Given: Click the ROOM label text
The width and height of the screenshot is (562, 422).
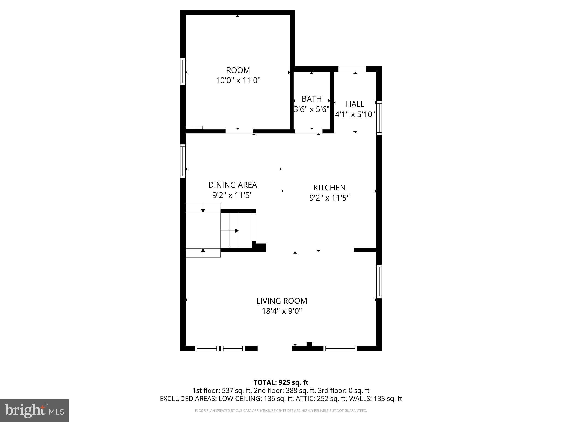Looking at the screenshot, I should click(238, 70).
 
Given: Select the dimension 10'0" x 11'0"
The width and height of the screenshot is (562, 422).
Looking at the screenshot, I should click(238, 81).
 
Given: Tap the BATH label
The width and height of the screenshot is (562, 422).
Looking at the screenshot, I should click(311, 99).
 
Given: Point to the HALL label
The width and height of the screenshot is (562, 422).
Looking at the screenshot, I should click(355, 104).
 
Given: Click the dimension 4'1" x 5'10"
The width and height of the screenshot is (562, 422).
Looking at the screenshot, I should click(355, 115).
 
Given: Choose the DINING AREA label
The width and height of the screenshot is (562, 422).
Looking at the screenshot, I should click(232, 185).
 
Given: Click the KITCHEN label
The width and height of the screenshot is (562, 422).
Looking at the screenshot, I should click(329, 188).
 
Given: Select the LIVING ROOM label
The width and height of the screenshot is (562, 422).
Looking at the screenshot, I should click(282, 301).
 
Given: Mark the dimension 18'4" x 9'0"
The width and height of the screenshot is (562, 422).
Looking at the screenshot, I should click(282, 311).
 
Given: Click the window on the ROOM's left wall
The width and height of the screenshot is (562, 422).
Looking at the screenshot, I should click(182, 71).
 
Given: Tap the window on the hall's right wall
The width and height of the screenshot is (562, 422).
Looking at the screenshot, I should click(379, 118).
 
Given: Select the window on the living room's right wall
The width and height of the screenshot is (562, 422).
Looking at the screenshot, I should click(379, 281).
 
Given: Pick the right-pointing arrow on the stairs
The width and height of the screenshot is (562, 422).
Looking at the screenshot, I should click(237, 231).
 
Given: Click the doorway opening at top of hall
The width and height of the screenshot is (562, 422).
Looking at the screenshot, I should click(352, 69).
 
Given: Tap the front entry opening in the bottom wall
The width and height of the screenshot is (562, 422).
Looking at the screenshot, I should click(275, 348).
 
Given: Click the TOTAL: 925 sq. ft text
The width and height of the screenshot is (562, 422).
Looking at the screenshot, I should click(281, 382).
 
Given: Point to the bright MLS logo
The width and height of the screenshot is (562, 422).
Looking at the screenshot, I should click(34, 410).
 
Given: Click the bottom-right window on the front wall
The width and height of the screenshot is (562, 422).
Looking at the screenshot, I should click(340, 348).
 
